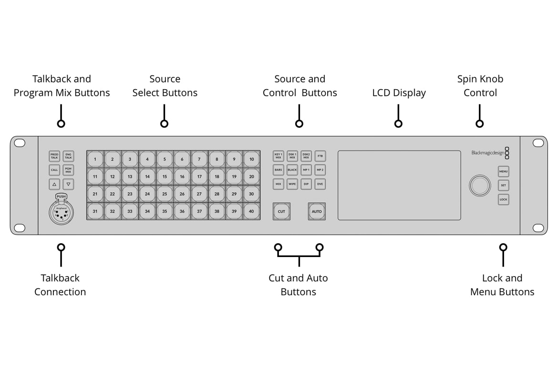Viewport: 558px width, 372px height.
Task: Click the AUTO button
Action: [x=317, y=211]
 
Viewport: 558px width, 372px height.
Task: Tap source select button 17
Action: [x=199, y=176]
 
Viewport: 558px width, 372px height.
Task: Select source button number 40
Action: [x=251, y=211]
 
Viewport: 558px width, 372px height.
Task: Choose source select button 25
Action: [x=165, y=194]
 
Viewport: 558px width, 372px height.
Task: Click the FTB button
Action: [x=320, y=156]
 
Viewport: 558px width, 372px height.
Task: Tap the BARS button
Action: [x=278, y=170]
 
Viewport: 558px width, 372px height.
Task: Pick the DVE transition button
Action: [x=320, y=184]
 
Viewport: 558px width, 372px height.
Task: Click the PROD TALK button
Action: [x=54, y=156]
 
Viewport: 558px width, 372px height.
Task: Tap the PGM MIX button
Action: [x=68, y=170]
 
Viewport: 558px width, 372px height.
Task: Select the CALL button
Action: [x=54, y=170]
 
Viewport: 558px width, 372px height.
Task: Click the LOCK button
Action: [x=503, y=199]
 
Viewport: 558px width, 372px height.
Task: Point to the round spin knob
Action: [x=480, y=186]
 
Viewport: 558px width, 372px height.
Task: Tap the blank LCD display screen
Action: [x=399, y=186]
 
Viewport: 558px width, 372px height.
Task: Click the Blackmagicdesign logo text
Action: [x=487, y=153]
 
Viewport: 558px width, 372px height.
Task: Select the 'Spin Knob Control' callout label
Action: [x=480, y=86]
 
